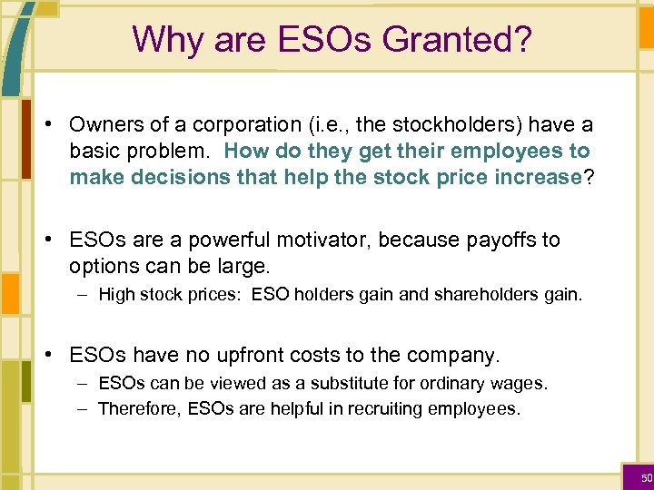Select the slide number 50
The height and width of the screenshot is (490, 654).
pos(646,477)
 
